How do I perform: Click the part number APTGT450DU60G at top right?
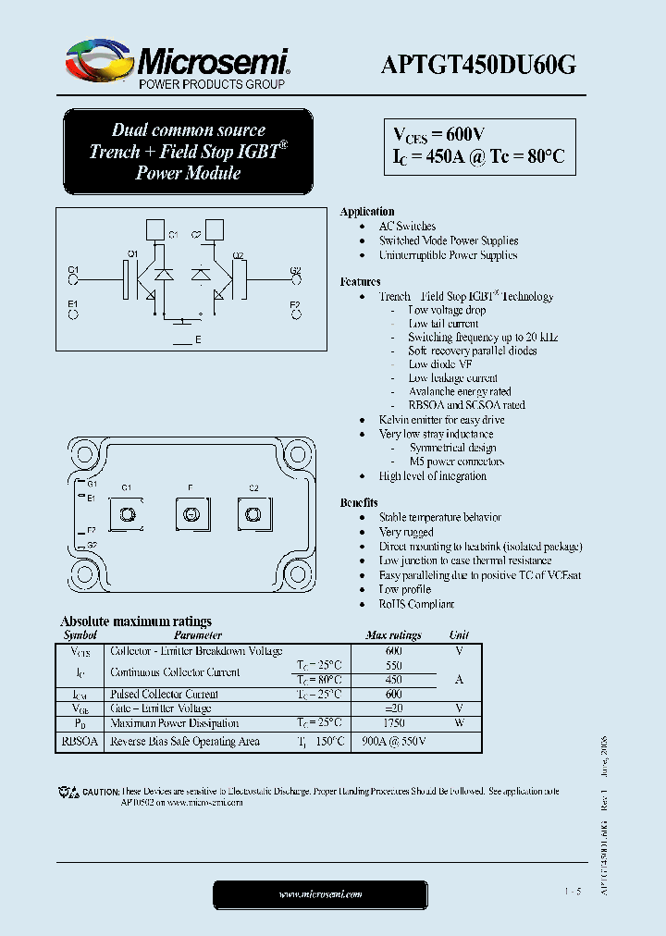tap(479, 64)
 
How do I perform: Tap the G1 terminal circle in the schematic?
tap(74, 282)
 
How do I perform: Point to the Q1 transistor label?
tap(132, 254)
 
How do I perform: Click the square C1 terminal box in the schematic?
tap(156, 228)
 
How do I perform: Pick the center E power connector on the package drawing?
tap(190, 513)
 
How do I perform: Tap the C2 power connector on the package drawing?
tap(252, 513)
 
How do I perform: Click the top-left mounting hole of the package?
tap(85, 454)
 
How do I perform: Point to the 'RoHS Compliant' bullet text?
tap(416, 604)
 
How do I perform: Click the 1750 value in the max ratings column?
tap(393, 723)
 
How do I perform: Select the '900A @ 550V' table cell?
tap(393, 742)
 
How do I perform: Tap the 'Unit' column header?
tap(459, 635)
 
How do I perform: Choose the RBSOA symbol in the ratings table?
tap(80, 742)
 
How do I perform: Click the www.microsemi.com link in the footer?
tap(320, 893)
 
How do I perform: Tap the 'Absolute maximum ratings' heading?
tap(136, 622)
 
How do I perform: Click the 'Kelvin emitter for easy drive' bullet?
tap(441, 420)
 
